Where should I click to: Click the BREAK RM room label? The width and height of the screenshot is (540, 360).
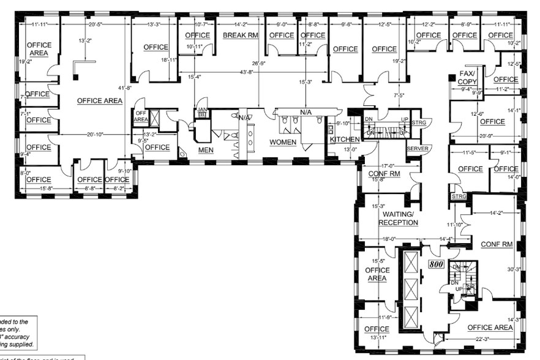pos(241,36)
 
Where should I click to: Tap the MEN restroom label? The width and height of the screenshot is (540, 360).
pos(205,149)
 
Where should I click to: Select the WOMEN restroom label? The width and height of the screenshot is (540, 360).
pos(283,142)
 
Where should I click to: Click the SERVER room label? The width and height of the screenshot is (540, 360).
pos(418,149)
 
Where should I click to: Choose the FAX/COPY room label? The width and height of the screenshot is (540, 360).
pos(468,77)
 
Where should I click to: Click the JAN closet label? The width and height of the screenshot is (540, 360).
pos(202,111)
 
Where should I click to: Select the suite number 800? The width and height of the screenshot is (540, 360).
pos(435,264)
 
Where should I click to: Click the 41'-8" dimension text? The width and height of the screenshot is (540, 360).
pos(124,88)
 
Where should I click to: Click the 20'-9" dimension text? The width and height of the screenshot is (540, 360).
pos(486,136)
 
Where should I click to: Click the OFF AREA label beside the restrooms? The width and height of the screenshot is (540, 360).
pos(141,116)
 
